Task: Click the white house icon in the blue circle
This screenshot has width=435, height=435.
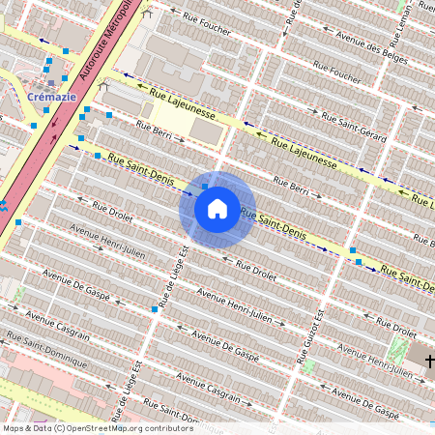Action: (x=217, y=209)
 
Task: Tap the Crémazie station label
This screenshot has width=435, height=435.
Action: (x=45, y=97)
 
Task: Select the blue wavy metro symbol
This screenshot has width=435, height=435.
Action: (x=3, y=205)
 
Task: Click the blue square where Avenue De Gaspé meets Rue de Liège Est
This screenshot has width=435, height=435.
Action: (x=155, y=309)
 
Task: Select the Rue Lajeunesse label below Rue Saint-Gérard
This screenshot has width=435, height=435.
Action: (x=304, y=151)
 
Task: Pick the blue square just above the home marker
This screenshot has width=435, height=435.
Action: (x=205, y=187)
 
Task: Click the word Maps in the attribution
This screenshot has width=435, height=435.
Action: (x=14, y=427)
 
